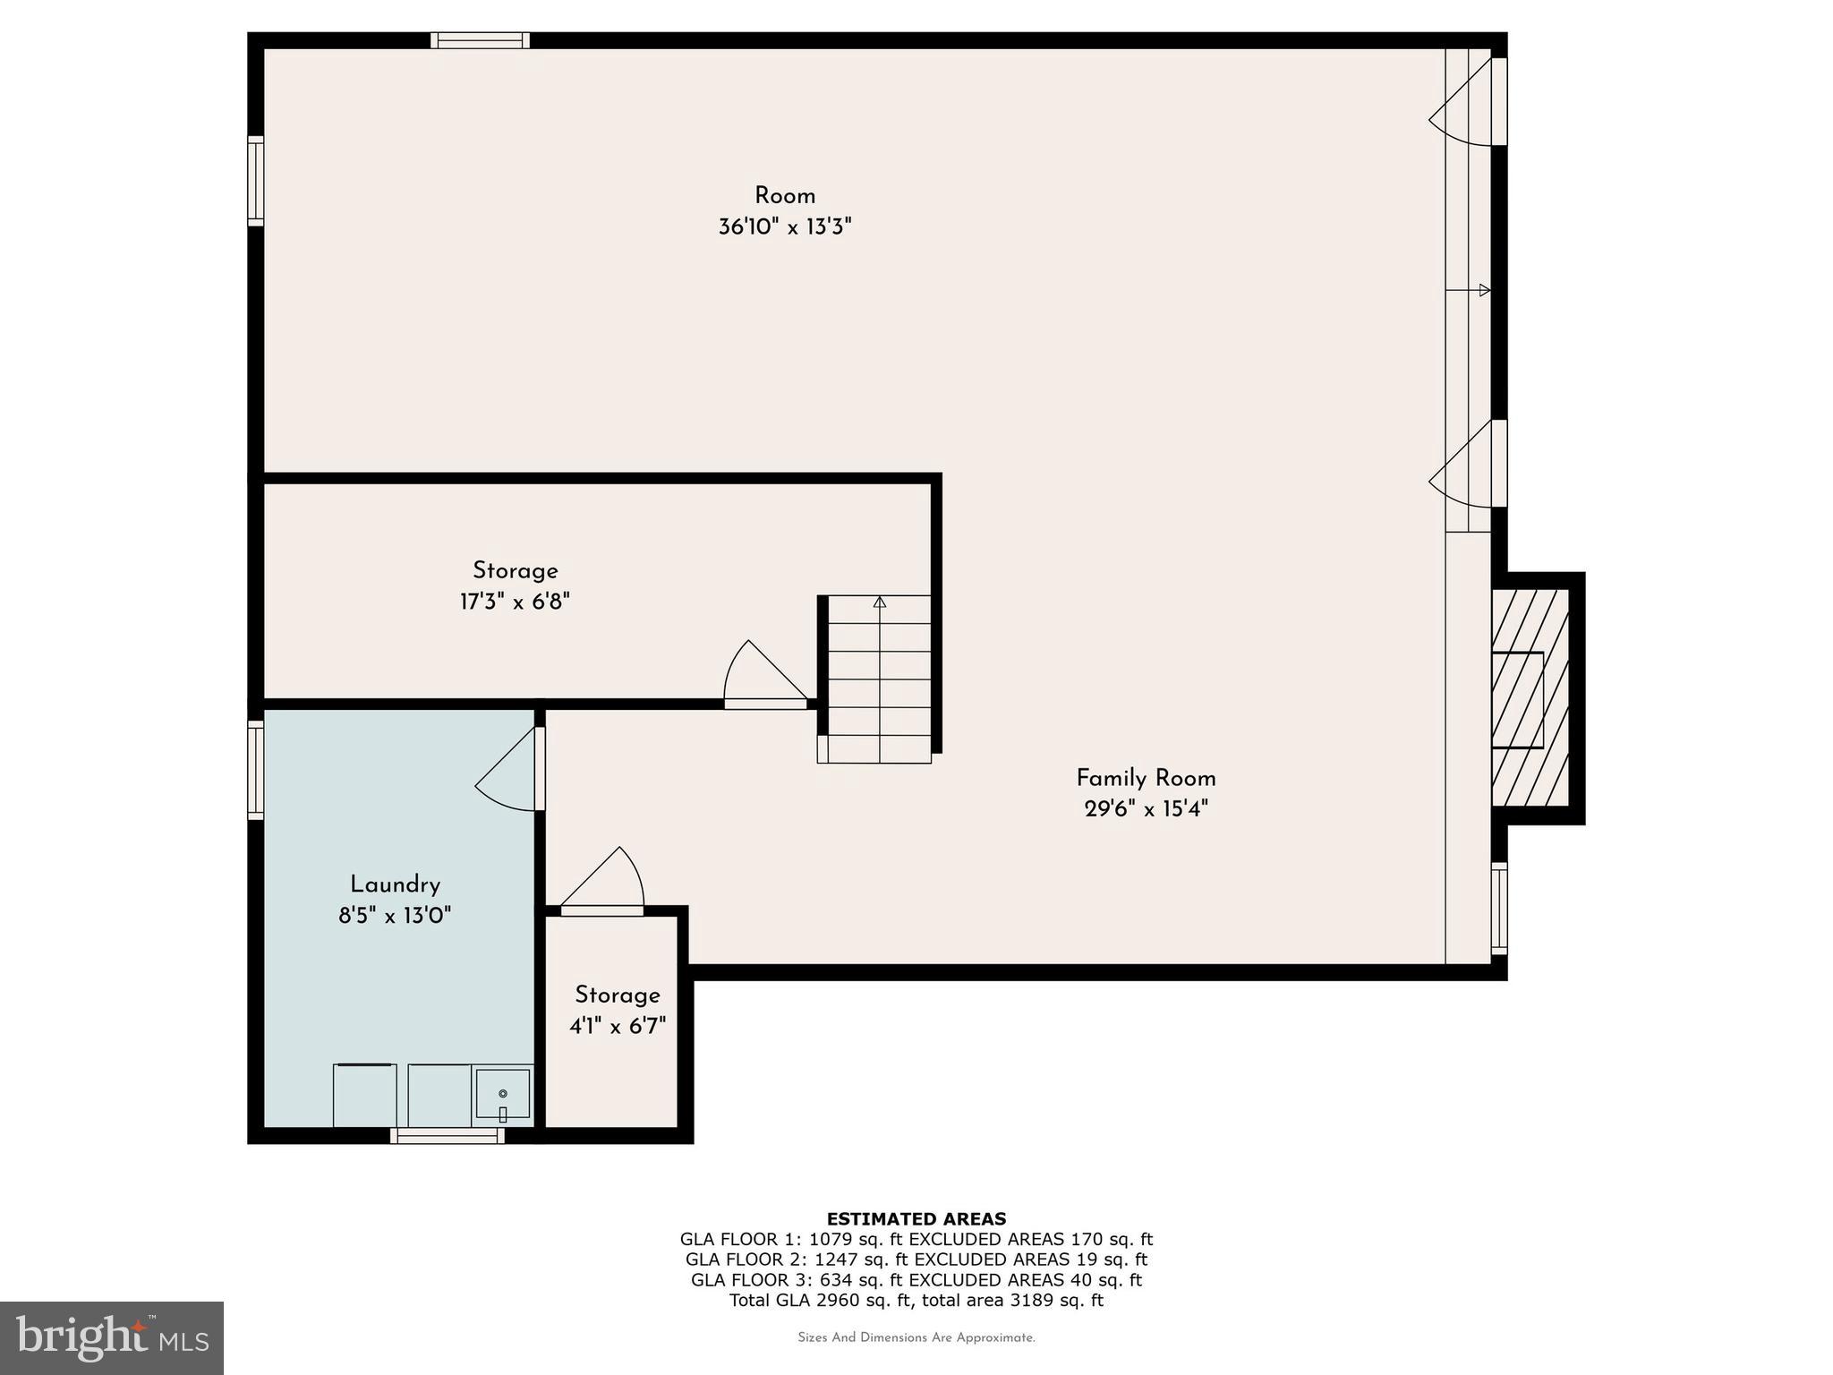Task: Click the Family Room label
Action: (1145, 778)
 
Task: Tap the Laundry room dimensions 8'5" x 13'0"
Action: (395, 915)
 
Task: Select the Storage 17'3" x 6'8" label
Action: (515, 571)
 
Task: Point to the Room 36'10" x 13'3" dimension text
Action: (784, 226)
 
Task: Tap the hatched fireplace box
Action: (1529, 699)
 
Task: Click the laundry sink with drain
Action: (502, 1094)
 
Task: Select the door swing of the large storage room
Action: (761, 676)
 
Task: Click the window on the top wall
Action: (480, 40)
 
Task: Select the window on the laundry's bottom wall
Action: (447, 1135)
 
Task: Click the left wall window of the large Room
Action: (256, 181)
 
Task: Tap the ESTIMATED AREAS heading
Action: (916, 1218)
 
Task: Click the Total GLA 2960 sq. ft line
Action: (916, 1301)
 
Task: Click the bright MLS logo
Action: (111, 1337)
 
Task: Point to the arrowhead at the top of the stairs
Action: (879, 602)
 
